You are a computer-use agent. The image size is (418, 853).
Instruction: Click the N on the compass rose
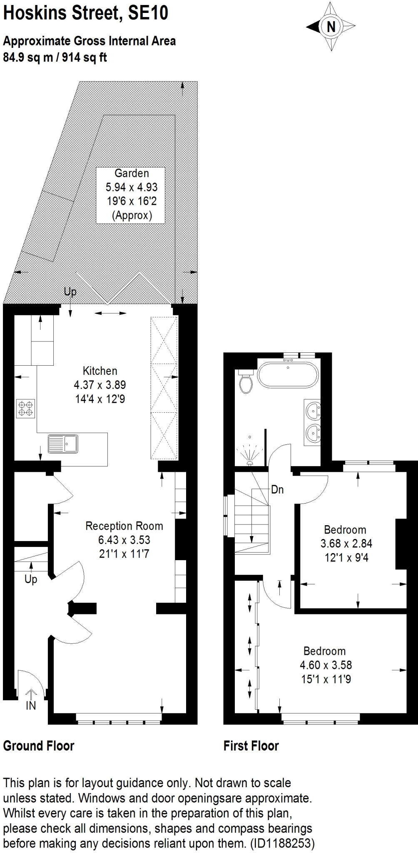pos(331,27)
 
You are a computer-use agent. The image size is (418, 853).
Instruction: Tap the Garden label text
pos(132,173)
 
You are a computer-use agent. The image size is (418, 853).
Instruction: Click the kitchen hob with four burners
pos(25,408)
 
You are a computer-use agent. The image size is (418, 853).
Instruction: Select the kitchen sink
pos(63,444)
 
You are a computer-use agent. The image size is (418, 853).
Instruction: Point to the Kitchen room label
pos(100,371)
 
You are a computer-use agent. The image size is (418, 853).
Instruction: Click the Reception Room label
pos(124,526)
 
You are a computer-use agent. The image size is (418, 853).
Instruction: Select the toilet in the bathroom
pos(246,382)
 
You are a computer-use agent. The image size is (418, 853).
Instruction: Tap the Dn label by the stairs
pos(277,489)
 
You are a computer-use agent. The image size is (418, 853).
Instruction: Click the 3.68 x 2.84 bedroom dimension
pos(346,543)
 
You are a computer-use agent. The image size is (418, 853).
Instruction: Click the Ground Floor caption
pos(39,746)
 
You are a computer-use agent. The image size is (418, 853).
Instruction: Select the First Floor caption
pos(251,746)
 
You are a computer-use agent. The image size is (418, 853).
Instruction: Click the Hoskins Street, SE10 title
pos(86,13)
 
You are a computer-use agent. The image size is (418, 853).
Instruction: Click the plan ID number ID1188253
pos(282,843)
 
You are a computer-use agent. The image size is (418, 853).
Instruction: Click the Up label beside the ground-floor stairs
pos(31,579)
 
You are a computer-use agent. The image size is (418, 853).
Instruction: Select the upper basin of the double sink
pos(313,410)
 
